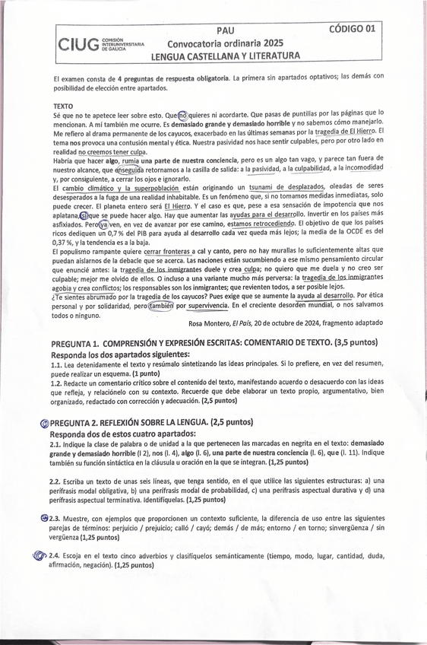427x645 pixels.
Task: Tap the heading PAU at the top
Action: (x=225, y=30)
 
